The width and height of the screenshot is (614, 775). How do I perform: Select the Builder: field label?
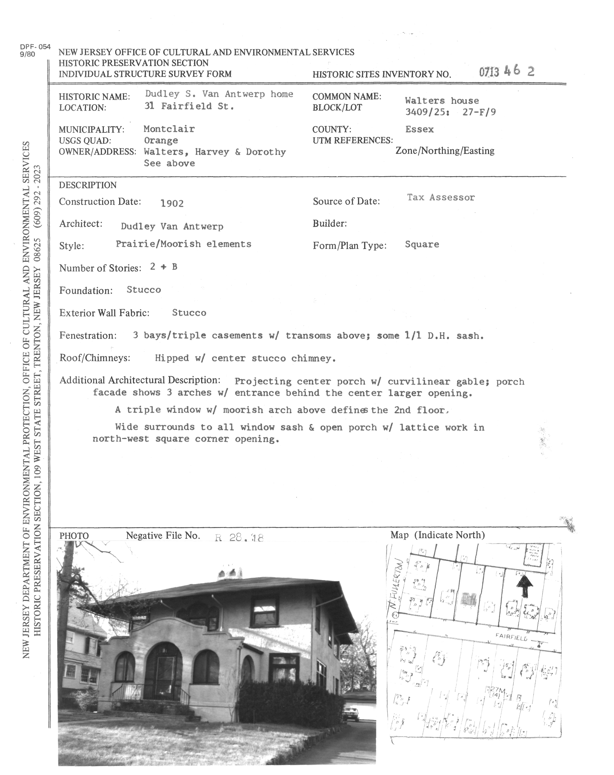click(x=329, y=224)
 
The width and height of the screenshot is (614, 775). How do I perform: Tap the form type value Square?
click(x=422, y=244)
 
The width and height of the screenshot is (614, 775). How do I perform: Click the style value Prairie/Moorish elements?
click(x=183, y=244)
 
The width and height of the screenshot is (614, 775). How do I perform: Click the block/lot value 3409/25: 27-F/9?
click(x=450, y=112)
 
